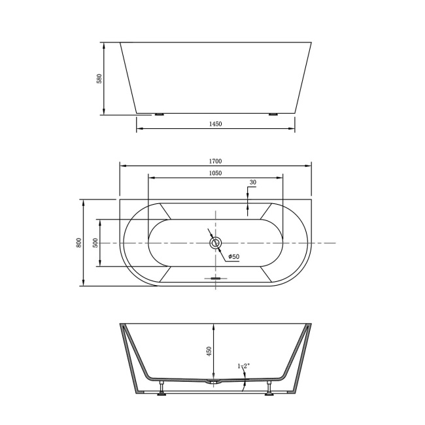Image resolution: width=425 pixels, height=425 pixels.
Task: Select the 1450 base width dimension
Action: click(x=216, y=124)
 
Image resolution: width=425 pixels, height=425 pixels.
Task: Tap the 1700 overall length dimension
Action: click(x=216, y=161)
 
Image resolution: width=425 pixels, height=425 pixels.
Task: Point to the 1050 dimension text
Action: click(x=216, y=173)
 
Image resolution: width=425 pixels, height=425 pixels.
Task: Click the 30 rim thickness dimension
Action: click(x=252, y=182)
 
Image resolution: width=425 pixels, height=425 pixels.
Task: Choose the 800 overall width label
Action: click(x=78, y=243)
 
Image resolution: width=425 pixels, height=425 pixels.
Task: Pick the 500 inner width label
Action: click(x=95, y=243)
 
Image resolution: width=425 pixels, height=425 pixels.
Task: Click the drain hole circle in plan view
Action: click(x=216, y=243)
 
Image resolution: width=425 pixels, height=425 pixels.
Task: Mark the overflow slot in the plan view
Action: click(x=216, y=277)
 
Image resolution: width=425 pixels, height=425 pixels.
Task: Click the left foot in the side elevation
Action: click(x=159, y=114)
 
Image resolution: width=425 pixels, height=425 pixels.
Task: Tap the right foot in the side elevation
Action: click(x=273, y=114)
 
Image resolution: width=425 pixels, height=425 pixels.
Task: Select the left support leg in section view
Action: click(x=161, y=390)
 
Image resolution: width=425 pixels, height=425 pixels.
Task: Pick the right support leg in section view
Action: click(x=269, y=390)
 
